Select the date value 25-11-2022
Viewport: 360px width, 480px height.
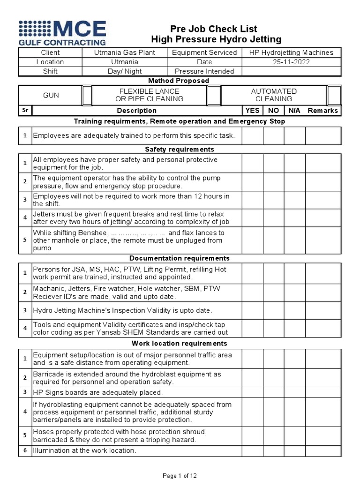tap(291, 62)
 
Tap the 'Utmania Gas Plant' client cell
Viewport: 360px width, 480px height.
tap(125, 52)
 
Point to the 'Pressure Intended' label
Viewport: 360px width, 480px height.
tap(204, 71)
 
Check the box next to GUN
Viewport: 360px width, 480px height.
tap(87, 95)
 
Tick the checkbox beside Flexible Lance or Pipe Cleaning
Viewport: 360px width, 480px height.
tap(214, 95)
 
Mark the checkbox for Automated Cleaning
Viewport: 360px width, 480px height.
tap(334, 95)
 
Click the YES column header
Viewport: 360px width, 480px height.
tap(252, 111)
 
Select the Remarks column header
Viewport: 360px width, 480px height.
tap(322, 111)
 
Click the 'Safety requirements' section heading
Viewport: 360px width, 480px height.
tap(180, 149)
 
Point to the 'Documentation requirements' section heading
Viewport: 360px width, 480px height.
tap(180, 258)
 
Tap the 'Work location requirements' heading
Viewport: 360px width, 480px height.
tap(180, 344)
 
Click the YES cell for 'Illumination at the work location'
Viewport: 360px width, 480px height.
tap(252, 451)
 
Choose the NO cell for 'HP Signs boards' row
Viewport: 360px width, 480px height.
tap(273, 392)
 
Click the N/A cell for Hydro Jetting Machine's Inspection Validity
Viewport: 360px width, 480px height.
tap(294, 310)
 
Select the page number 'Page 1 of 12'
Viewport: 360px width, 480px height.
tap(180, 475)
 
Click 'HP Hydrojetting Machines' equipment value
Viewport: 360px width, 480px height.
tap(291, 52)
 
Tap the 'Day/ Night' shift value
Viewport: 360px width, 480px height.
tap(125, 71)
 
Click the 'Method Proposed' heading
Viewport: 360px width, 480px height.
tap(180, 81)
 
